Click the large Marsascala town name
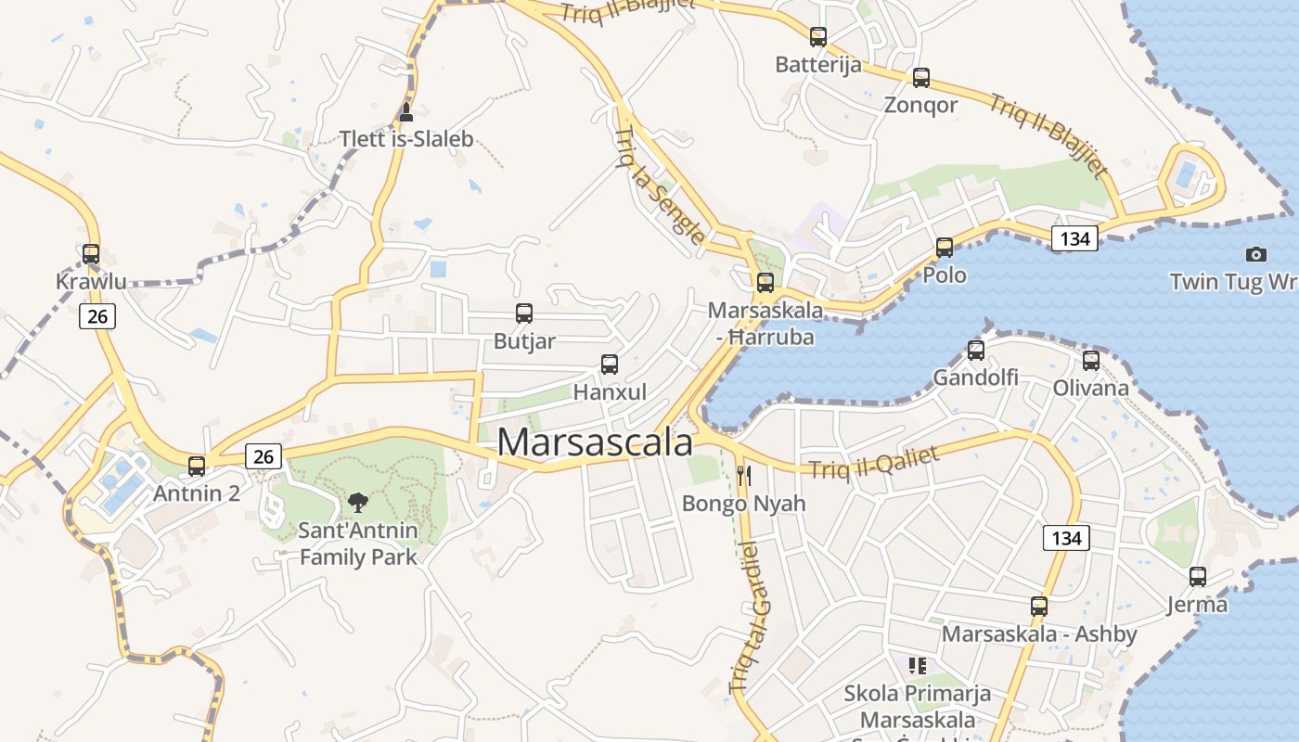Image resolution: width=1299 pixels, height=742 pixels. point(595,442)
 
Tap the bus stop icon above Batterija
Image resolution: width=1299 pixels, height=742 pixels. point(817,37)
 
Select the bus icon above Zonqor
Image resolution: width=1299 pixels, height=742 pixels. point(920,78)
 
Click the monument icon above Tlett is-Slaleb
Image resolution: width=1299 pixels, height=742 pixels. point(405,113)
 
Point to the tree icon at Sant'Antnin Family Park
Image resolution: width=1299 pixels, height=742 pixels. point(357,503)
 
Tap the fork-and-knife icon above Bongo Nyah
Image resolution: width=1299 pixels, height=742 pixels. point(743,476)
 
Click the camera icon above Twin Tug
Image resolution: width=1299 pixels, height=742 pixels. point(1255,254)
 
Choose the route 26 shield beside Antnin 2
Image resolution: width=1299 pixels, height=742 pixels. point(264,456)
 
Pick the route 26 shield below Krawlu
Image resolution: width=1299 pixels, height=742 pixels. point(96,316)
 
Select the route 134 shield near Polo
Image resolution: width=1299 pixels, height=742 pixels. point(1074,238)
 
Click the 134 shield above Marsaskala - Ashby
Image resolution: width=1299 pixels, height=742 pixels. point(1066,538)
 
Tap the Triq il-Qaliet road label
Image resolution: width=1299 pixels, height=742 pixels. point(874,463)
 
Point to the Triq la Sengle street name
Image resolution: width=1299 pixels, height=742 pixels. point(660,186)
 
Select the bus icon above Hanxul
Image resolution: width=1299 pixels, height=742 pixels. point(609,365)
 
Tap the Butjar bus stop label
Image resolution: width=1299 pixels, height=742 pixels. point(524,341)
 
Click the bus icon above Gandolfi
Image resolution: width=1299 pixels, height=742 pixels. point(975,350)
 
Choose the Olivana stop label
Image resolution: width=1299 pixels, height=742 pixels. point(1090,388)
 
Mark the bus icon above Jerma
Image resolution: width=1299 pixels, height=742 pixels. point(1198,577)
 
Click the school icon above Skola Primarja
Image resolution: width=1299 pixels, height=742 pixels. point(918,665)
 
